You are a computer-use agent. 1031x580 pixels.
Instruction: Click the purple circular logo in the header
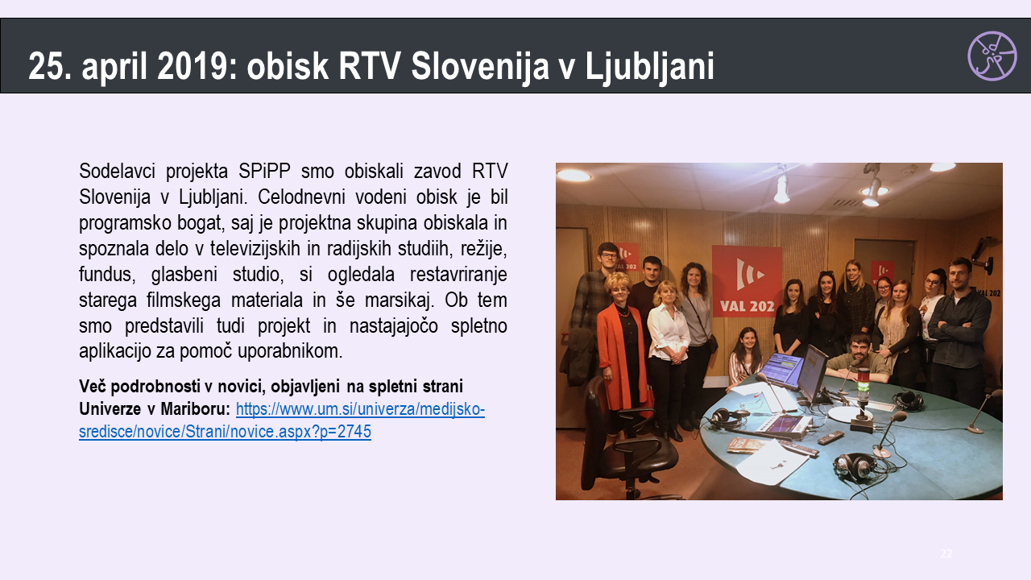click(x=992, y=56)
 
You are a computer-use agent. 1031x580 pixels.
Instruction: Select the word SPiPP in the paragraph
click(x=264, y=171)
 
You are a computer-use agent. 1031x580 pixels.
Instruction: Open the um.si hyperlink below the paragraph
click(x=282, y=420)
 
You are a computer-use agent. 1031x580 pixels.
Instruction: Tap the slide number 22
click(x=946, y=553)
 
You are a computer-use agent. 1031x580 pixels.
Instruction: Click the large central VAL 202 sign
click(x=747, y=281)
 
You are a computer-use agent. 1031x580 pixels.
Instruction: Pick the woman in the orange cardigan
click(x=622, y=350)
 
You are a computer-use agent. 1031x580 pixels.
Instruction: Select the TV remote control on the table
click(x=830, y=437)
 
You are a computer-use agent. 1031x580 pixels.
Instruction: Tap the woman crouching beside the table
click(x=745, y=357)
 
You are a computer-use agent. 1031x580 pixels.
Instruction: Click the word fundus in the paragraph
click(x=107, y=275)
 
